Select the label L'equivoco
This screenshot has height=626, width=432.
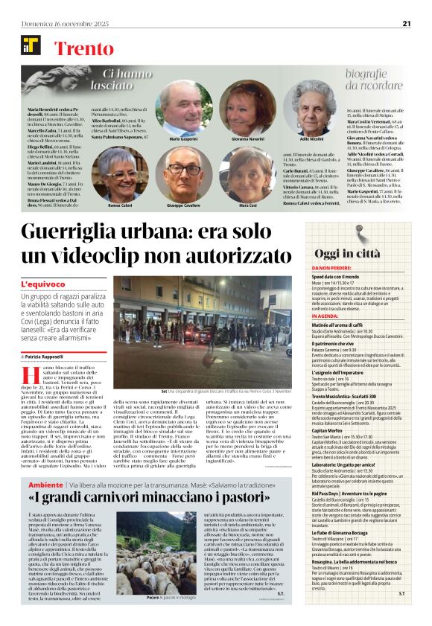click(42, 285)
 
